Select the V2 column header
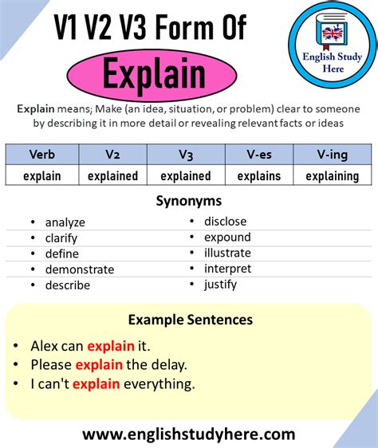[x=112, y=155]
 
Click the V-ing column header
[x=332, y=155]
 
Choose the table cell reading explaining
[x=332, y=175]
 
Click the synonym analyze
[x=65, y=222]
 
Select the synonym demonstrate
[x=79, y=269]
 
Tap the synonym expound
[x=227, y=237]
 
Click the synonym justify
[x=220, y=284]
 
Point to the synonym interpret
[x=227, y=269]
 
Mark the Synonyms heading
[x=190, y=201]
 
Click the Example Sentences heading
[x=190, y=320]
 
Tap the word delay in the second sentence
[x=168, y=365]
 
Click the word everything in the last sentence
[x=158, y=384]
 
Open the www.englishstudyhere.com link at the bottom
[x=189, y=434]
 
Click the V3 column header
[x=185, y=155]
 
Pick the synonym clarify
[x=61, y=238]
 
